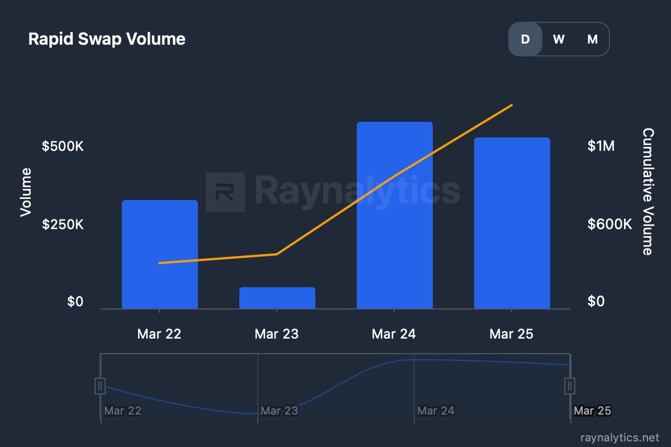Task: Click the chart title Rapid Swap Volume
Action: coord(107,39)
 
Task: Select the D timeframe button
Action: coord(525,39)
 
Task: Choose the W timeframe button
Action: coord(559,39)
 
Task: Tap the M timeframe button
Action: coord(592,39)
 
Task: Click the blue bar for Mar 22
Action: coord(160,254)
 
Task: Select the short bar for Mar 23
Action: coord(277,298)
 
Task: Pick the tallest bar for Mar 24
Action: coord(395,215)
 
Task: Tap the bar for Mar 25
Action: coord(512,223)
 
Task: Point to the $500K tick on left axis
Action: coord(63,146)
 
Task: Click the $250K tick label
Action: coord(63,225)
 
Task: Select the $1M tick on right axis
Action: coord(601,146)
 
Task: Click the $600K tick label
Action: coord(609,225)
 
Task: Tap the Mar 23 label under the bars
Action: coord(277,334)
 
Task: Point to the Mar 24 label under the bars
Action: coord(394,334)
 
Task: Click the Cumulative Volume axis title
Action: coord(648,191)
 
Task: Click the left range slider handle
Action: coord(100,386)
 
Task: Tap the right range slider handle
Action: coord(570,386)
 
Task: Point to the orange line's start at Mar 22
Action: coord(160,263)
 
